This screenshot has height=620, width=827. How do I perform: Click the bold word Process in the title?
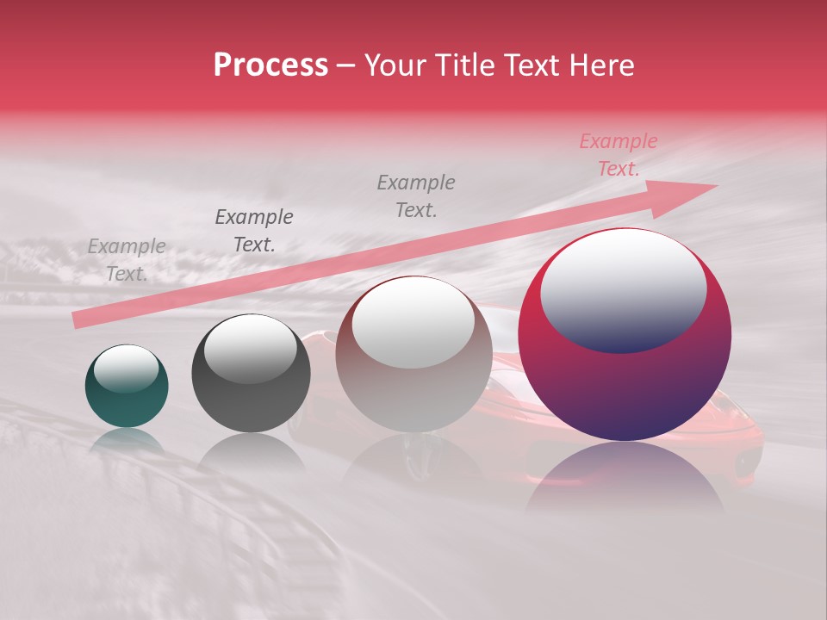pyautogui.click(x=270, y=65)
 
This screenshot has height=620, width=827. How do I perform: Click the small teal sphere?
pyautogui.click(x=127, y=386)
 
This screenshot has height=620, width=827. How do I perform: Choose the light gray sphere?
pyautogui.click(x=413, y=354)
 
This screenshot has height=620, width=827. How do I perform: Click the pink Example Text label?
pyautogui.click(x=618, y=155)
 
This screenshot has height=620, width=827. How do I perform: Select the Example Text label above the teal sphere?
pyautogui.click(x=127, y=259)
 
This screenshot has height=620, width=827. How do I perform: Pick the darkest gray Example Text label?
pyautogui.click(x=254, y=230)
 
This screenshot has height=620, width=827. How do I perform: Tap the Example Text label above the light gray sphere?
pyautogui.click(x=416, y=195)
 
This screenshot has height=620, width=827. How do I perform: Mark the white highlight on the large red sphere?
pyautogui.click(x=623, y=291)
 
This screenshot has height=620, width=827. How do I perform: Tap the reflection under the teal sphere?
pyautogui.click(x=127, y=441)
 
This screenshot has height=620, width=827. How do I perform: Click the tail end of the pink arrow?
pyautogui.click(x=78, y=320)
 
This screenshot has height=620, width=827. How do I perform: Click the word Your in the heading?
pyautogui.click(x=394, y=65)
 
